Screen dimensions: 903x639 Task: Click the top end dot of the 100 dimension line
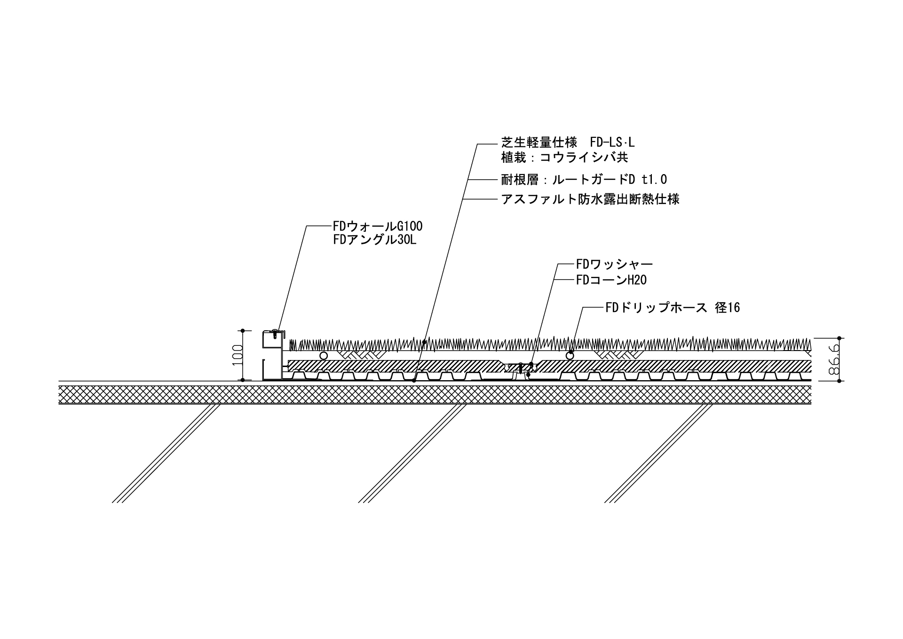point(243,330)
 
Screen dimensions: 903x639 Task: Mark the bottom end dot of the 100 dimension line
point(243,380)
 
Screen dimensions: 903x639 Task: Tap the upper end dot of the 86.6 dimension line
point(840,338)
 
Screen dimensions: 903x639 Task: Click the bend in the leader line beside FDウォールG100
point(307,226)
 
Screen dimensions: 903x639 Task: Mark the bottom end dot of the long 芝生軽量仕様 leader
point(414,380)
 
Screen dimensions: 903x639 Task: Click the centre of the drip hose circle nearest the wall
point(323,355)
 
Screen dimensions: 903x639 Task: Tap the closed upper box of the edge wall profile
point(272,340)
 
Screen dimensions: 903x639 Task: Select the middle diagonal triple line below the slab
point(412,454)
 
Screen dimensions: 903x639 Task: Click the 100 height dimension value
point(238,355)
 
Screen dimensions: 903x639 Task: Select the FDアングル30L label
point(375,240)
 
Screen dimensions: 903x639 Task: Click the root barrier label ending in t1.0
point(584,179)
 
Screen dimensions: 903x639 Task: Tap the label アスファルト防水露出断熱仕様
point(590,200)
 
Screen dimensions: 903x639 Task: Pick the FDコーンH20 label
point(611,280)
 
